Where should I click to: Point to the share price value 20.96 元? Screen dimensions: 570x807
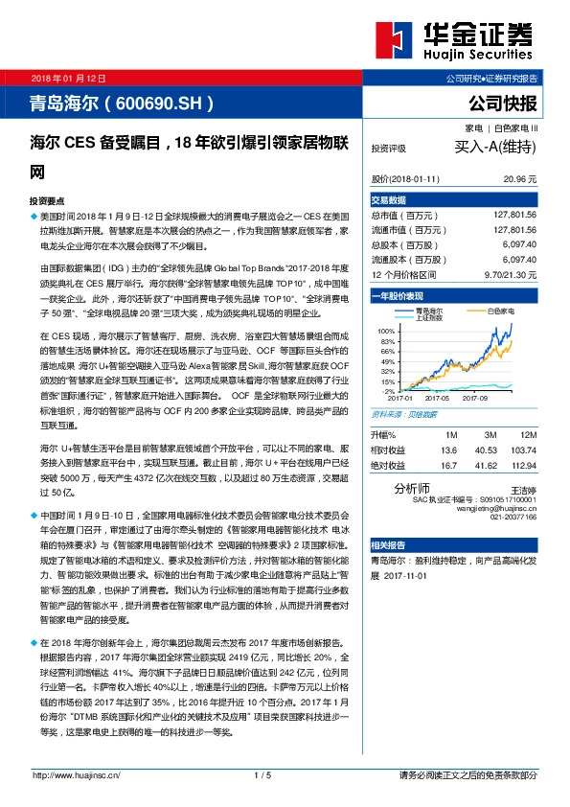[519, 179]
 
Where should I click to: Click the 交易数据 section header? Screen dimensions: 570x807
[388, 199]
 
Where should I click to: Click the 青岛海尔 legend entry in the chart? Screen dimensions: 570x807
[430, 311]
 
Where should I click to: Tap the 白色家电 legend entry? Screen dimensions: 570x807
[500, 311]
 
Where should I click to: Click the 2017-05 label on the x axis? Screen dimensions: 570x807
[436, 397]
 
